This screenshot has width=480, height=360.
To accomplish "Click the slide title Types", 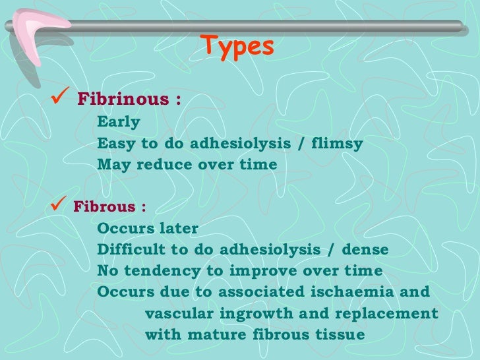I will point(238,46).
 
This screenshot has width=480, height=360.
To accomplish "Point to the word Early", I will point(119,122).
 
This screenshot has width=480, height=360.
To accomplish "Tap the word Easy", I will point(116,143).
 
